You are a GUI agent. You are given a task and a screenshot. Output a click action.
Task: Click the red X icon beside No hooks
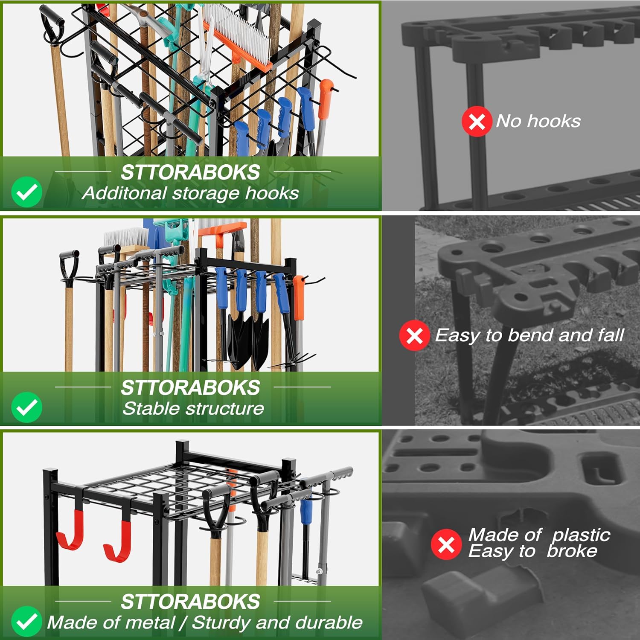[x=477, y=122]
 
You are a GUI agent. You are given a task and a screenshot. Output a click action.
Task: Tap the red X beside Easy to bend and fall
[x=414, y=335]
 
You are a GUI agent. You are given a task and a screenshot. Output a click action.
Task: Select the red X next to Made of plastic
[x=446, y=544]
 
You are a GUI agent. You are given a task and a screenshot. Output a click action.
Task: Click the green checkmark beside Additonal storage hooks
[x=26, y=192]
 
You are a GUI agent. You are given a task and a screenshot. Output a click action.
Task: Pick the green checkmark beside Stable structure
[x=26, y=407]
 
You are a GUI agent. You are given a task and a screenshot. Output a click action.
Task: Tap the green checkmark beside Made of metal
[x=26, y=621]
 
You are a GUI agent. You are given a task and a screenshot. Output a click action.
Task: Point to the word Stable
[x=147, y=409]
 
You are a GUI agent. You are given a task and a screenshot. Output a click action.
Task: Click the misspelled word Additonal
[x=124, y=193]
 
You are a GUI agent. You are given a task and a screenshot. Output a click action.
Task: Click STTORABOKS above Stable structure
[x=190, y=387]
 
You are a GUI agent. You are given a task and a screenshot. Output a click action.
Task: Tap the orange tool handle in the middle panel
[x=299, y=299]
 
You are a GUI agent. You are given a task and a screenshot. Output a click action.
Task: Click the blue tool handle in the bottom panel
[x=306, y=512]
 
